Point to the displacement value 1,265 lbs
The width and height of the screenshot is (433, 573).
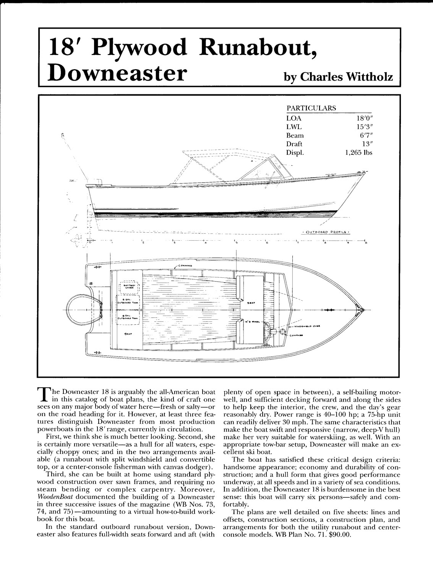pyautogui.click(x=358, y=152)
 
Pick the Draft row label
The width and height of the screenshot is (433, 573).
pyautogui.click(x=294, y=144)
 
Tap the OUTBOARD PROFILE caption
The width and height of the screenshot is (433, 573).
pyautogui.click(x=326, y=231)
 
